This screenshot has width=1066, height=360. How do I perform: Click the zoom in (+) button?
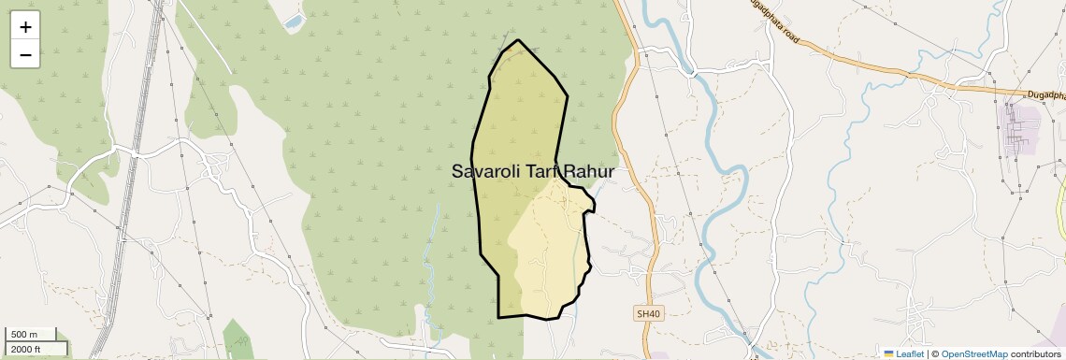(x=25, y=27)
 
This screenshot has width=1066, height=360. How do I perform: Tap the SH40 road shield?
(x=646, y=314)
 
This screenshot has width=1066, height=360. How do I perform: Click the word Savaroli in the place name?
(x=486, y=172)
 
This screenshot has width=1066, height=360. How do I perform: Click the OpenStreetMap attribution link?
(x=974, y=354)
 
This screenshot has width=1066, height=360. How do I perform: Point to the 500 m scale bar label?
(x=24, y=335)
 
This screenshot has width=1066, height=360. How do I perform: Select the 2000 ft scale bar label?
(x=26, y=349)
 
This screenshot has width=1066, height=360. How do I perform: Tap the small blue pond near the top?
(x=295, y=20)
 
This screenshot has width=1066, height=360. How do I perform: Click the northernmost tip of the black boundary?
(x=517, y=40)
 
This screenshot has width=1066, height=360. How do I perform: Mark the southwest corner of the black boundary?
(x=498, y=317)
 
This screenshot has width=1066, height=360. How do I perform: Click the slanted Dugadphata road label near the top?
(x=773, y=22)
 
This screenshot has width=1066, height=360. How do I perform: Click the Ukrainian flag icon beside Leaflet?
(x=889, y=354)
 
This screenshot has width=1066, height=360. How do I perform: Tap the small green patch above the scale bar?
(x=237, y=338)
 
